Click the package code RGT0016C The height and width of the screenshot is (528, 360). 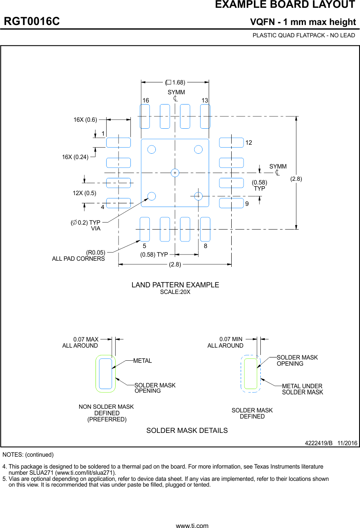click(32, 22)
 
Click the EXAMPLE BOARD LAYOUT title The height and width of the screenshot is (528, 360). click(285, 5)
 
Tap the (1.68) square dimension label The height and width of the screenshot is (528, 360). click(175, 82)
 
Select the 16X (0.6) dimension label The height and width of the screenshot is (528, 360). click(85, 120)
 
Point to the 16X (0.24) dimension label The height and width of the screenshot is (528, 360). click(75, 157)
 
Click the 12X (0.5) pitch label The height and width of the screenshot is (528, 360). click(84, 193)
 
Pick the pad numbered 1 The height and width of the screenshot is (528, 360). click(118, 143)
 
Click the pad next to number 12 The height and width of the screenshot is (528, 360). click(231, 143)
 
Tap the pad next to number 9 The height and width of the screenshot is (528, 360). click(231, 203)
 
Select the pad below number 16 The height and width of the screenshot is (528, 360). click(145, 116)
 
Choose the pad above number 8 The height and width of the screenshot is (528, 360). click(205, 229)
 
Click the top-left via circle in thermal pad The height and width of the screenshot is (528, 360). click(152, 149)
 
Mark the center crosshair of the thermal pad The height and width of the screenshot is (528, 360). click(175, 173)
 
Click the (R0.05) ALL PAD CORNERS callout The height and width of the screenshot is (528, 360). click(78, 255)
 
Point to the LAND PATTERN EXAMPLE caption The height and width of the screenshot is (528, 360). click(175, 285)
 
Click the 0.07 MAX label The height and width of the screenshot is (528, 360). click(86, 339)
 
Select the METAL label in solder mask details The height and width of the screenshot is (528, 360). click(142, 361)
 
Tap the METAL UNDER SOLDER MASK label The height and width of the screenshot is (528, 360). click(302, 389)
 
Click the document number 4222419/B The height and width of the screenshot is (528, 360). click(318, 443)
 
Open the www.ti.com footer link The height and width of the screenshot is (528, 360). click(192, 525)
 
